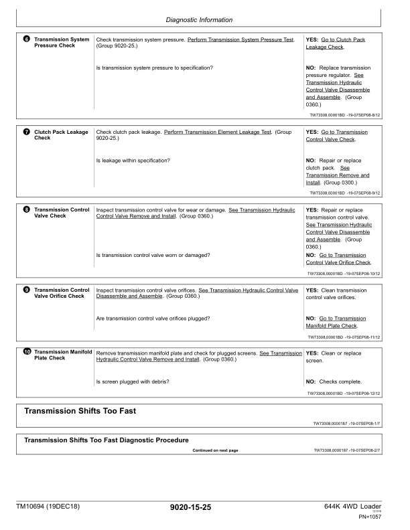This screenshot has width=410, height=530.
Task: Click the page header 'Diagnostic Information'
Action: tap(205, 21)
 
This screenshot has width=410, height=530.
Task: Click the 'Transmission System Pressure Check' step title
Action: tap(62, 43)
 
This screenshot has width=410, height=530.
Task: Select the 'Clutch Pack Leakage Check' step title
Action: tap(61, 136)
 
